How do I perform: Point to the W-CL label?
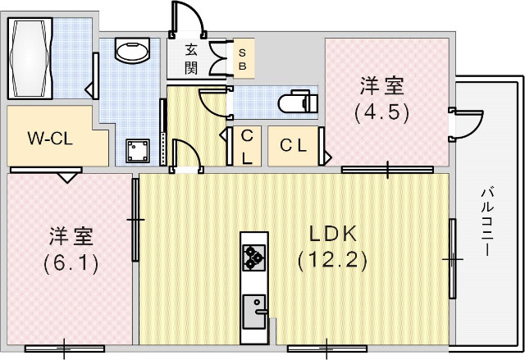coord(51,138)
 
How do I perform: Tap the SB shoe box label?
coord(242,58)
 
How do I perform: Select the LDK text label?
coord(332,234)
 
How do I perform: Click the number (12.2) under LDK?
coord(332,261)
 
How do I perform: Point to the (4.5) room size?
coord(381,112)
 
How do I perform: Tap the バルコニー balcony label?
coord(486,221)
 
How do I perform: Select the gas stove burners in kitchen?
coord(253,258)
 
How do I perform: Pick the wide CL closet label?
coord(294,146)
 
